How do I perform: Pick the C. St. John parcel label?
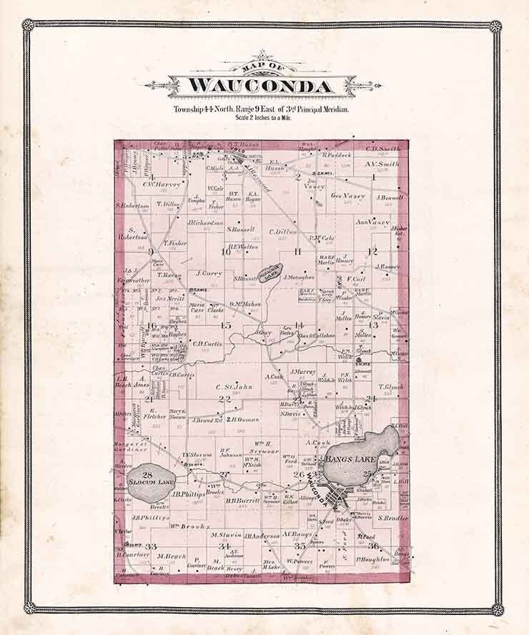pyautogui.click(x=234, y=388)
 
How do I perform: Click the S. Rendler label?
pyautogui.click(x=392, y=518)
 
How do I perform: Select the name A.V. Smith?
pyautogui.click(x=382, y=163)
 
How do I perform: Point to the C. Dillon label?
pyautogui.click(x=283, y=231)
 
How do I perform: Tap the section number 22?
pyautogui.click(x=224, y=399)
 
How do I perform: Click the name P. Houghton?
pyautogui.click(x=372, y=558)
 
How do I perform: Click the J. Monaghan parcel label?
pyautogui.click(x=299, y=277)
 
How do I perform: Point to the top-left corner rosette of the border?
pyautogui.click(x=29, y=25)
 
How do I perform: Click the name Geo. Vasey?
pyautogui.click(x=348, y=195)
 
